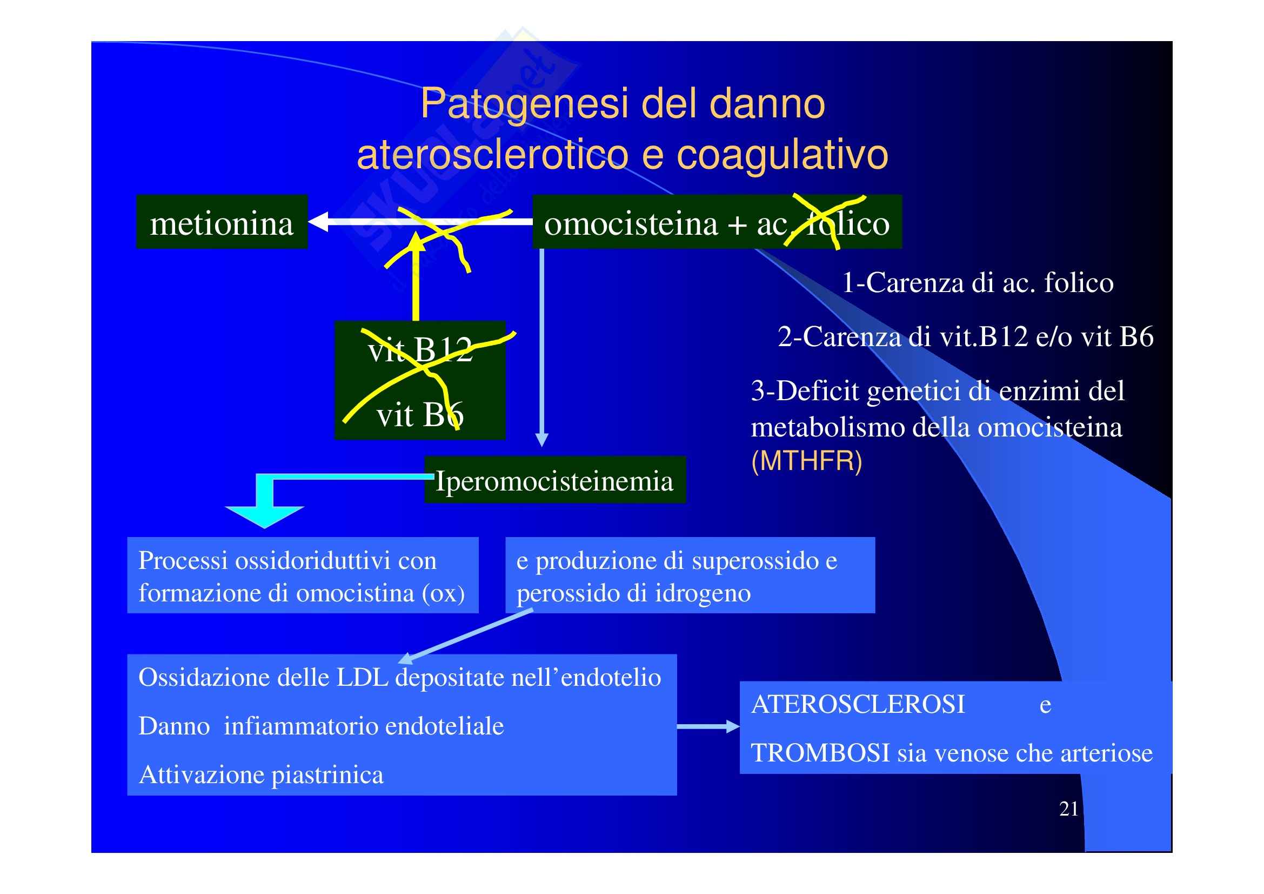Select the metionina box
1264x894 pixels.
point(222,222)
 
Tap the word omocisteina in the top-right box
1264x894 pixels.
point(631,224)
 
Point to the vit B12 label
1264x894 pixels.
point(419,349)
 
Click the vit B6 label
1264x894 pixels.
point(419,414)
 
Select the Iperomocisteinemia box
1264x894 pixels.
point(554,480)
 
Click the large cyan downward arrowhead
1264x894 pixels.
point(265,515)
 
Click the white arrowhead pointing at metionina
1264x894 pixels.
point(319,221)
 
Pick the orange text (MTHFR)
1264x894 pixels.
point(806,460)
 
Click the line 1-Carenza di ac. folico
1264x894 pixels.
point(977,282)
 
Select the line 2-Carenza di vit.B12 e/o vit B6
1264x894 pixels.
point(965,336)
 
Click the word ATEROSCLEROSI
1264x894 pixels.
point(858,704)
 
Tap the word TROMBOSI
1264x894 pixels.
point(820,752)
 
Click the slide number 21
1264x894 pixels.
point(1068,809)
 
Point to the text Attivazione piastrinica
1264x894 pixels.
point(261,774)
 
